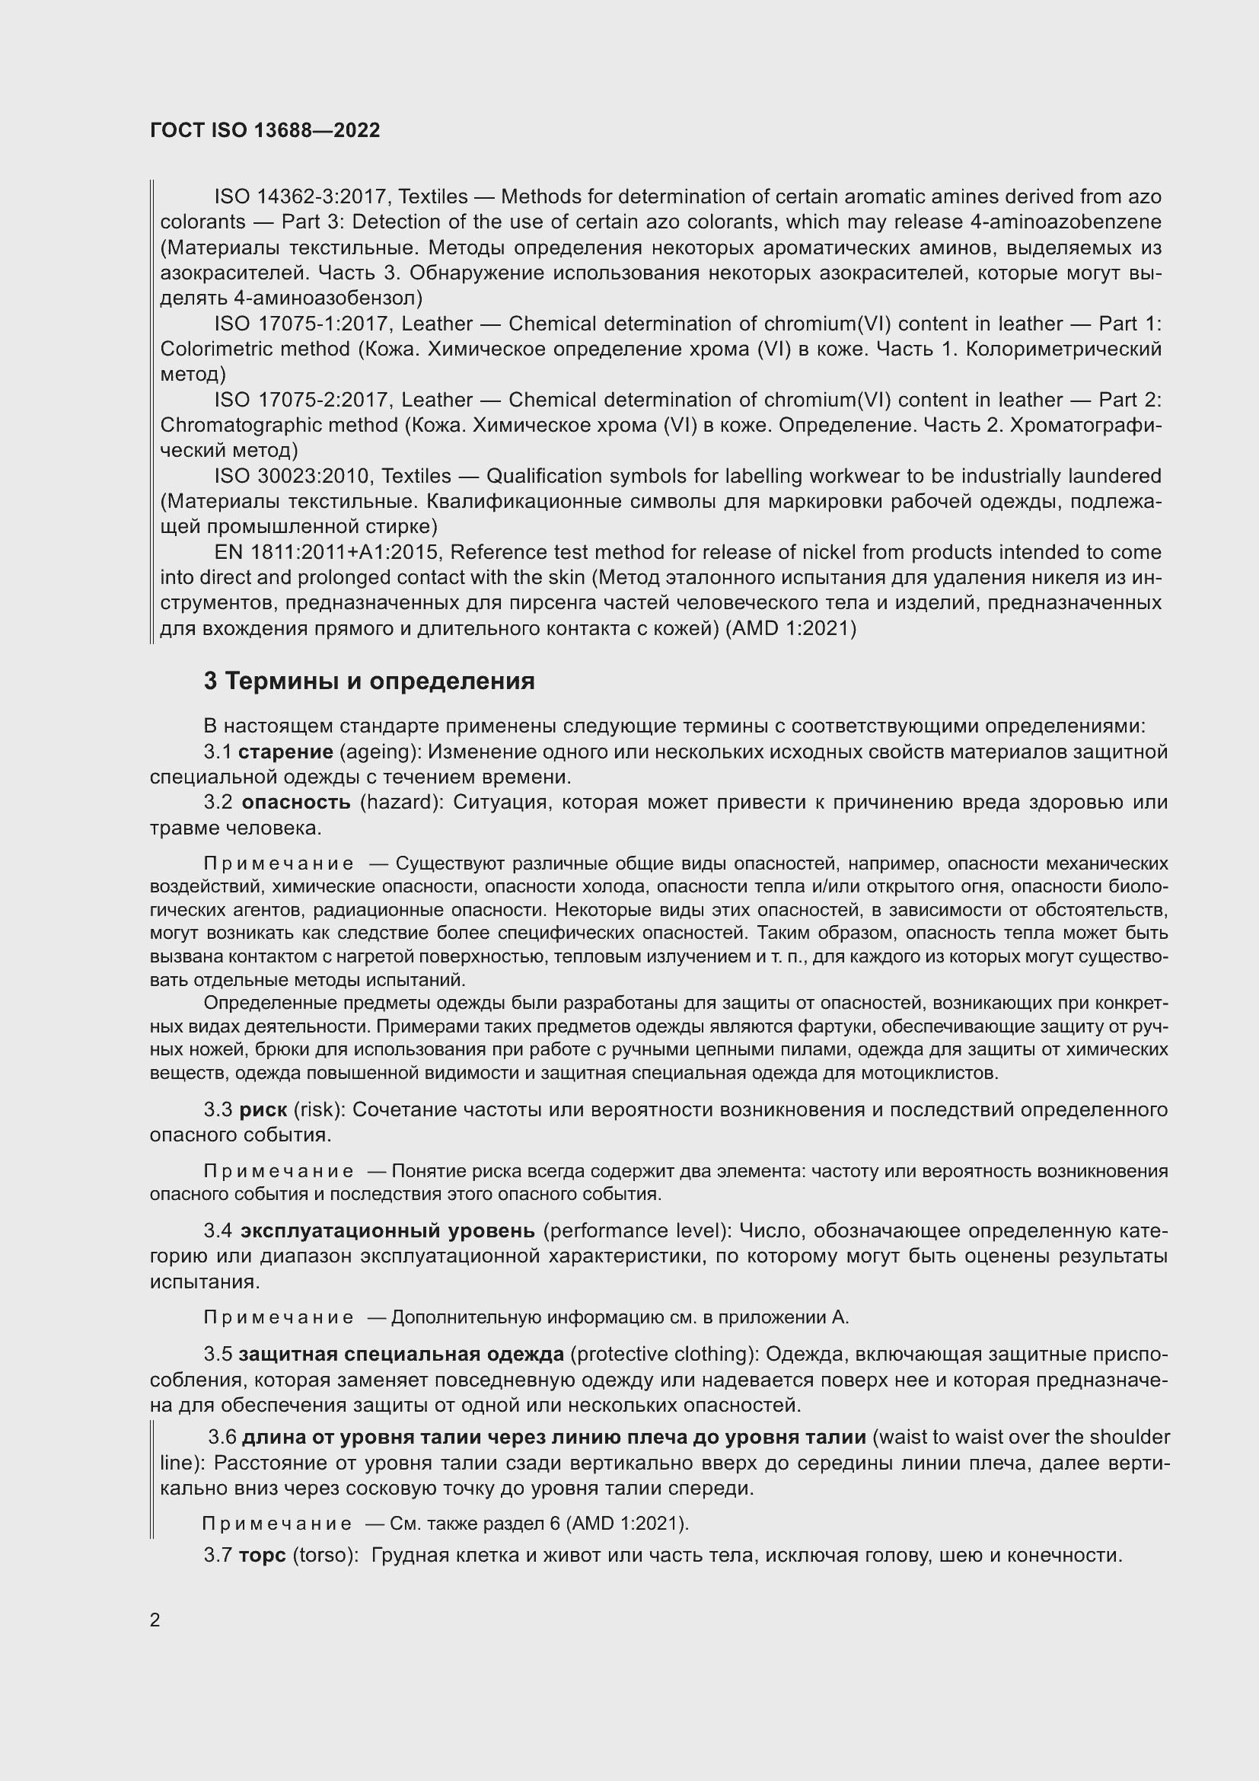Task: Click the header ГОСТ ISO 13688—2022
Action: [x=265, y=130]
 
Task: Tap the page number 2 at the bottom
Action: [x=155, y=1620]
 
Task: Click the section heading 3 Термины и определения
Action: [x=369, y=681]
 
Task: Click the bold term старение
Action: [x=285, y=752]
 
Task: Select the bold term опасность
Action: [x=295, y=802]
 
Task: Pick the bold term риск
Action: [x=263, y=1110]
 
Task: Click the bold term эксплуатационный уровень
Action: [x=387, y=1231]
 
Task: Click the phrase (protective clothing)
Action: [x=665, y=1355]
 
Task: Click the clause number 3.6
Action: [x=222, y=1438]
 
